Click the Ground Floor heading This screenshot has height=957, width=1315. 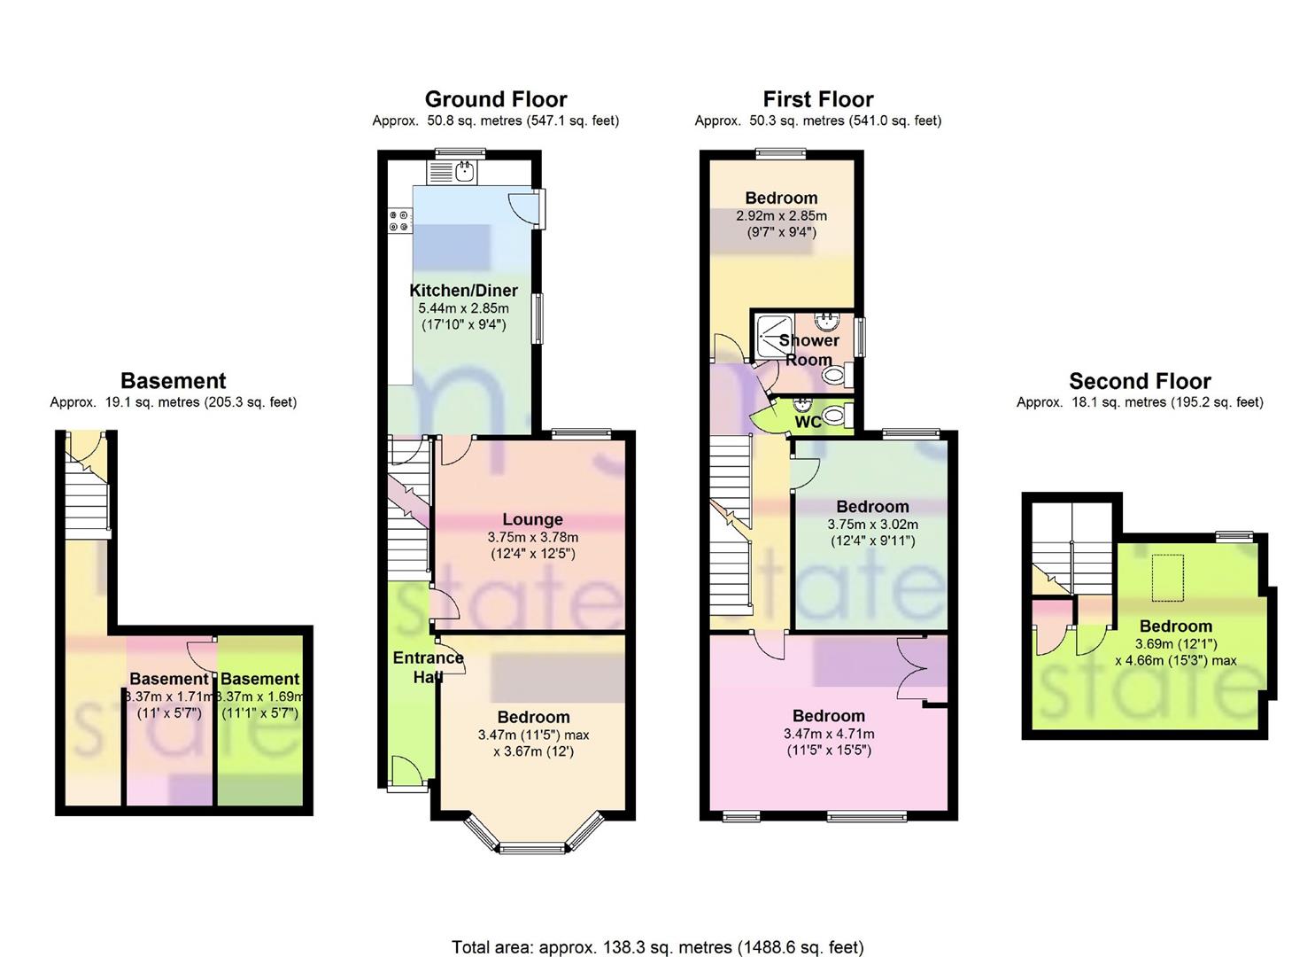496,99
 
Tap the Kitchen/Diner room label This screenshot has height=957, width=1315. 463,291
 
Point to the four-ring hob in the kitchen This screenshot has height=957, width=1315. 400,221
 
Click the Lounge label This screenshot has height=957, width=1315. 532,519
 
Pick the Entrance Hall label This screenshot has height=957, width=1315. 428,666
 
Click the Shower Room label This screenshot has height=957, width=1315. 809,349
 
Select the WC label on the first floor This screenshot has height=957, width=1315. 808,422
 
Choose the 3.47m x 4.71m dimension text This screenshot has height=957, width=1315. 829,734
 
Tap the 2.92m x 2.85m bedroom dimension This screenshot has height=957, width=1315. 781,215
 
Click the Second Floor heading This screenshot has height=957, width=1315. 1140,381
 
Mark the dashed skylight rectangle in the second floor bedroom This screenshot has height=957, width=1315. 1168,578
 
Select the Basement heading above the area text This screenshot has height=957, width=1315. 174,381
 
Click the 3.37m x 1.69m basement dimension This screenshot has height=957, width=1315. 260,696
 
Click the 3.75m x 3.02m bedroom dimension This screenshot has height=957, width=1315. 873,524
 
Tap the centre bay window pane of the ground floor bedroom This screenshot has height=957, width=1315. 532,848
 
